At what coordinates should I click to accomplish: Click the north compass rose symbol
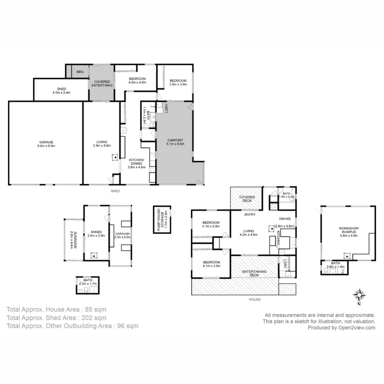pos(359,295)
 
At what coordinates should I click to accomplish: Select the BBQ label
pos(80,72)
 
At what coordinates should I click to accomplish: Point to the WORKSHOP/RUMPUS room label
pos(348,231)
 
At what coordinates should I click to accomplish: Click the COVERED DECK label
pos(247,199)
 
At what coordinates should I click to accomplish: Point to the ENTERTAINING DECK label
pos(254,273)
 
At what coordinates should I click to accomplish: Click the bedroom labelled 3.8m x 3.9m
pos(178,82)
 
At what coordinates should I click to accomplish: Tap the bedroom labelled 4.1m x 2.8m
pos(211,224)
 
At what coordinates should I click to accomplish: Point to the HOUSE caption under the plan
pos(255,299)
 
